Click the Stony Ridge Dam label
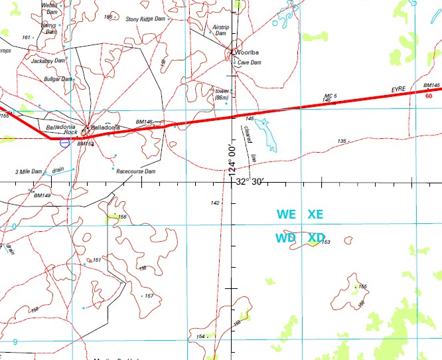pos(145,19)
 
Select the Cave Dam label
pos(249,62)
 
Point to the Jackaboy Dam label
pos(48,60)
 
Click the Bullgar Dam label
pos(57,78)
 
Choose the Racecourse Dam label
pos(135,171)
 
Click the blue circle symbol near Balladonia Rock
pos(64,142)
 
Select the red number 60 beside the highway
pos(428,95)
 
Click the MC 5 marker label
pos(331,96)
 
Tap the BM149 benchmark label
pos(42,195)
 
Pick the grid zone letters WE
pos(286,215)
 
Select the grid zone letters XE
pos(315,215)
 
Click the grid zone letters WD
pos(286,238)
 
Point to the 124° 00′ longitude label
pos(233,159)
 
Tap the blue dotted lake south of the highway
pos(267,134)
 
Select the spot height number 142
pos(215,203)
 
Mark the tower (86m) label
pos(222,94)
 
